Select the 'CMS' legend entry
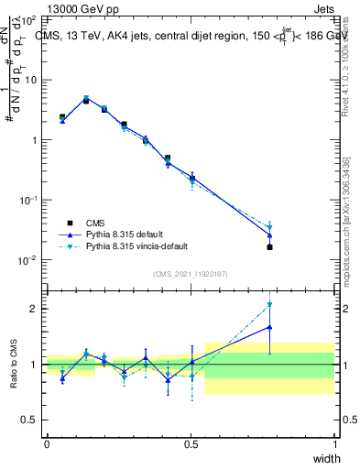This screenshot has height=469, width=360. click(96, 223)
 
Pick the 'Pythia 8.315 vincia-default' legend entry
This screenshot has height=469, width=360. click(143, 246)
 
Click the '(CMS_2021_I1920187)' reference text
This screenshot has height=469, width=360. click(191, 273)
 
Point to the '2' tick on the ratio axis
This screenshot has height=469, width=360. click(34, 309)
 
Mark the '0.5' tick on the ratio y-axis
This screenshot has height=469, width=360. click(29, 420)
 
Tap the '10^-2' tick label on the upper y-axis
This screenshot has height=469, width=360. click(28, 260)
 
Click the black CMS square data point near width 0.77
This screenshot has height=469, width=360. click(269, 247)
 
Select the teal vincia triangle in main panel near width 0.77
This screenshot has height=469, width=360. click(269, 227)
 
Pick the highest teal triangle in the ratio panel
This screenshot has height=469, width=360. click(269, 305)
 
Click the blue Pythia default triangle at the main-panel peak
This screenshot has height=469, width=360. click(86, 99)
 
